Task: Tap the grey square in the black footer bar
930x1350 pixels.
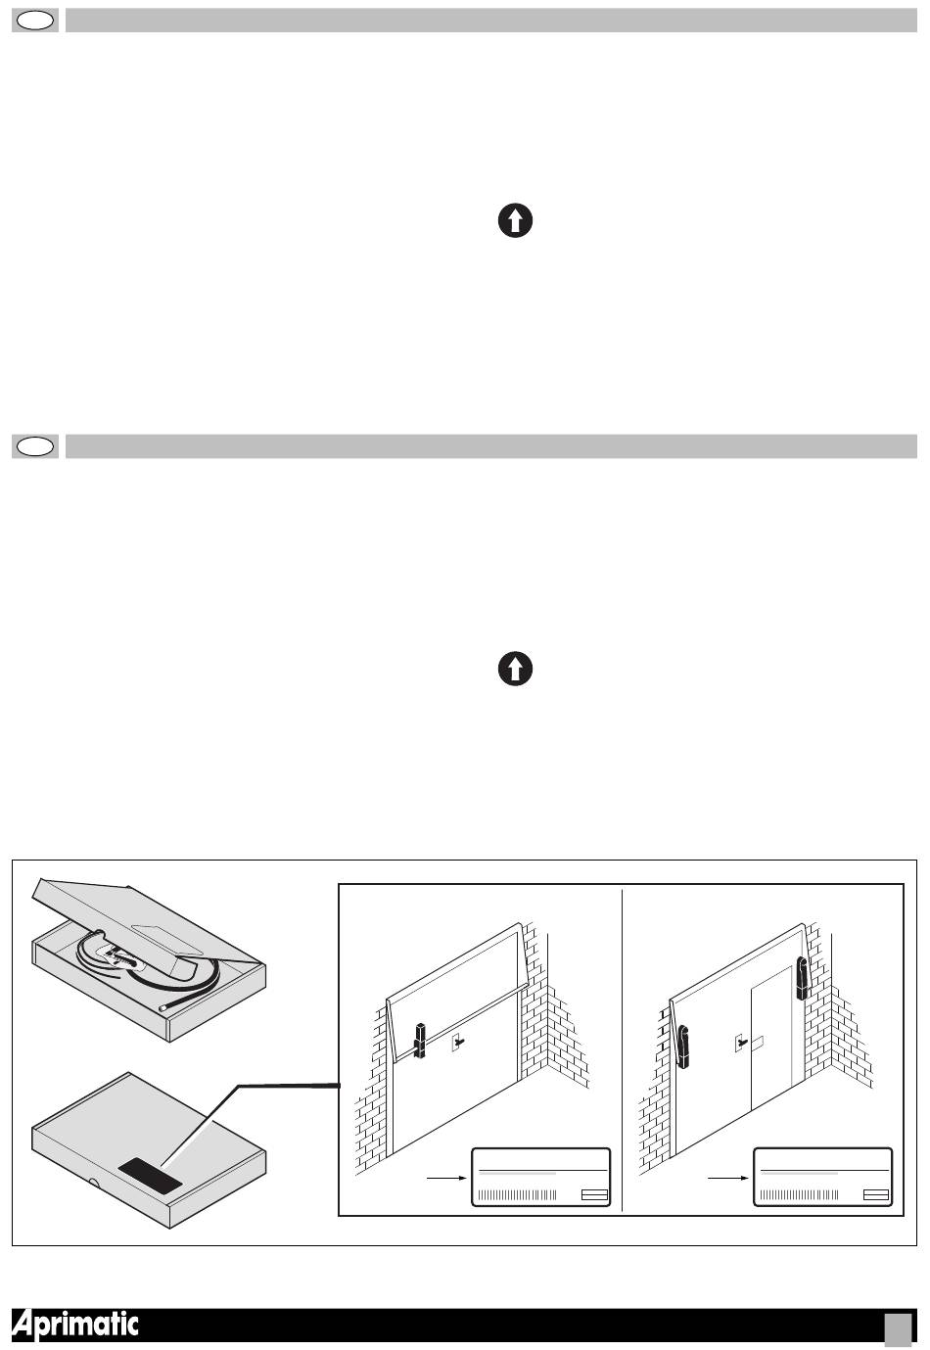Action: pos(898,1327)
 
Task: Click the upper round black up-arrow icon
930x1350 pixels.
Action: pos(515,220)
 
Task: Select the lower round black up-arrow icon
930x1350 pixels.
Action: pos(515,669)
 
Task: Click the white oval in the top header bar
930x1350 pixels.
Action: pos(35,22)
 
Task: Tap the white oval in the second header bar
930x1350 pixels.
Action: pos(35,446)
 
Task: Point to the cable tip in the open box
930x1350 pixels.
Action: pos(162,1007)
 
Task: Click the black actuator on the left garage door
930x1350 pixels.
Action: pos(419,1041)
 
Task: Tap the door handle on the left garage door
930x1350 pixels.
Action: pos(459,1042)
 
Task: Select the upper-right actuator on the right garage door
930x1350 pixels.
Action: pos(802,978)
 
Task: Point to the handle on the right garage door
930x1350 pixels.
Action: pos(742,1043)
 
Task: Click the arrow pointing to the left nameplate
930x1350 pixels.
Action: pos(446,1179)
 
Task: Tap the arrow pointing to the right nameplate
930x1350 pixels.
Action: pos(728,1179)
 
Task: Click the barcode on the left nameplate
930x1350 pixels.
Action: pos(517,1195)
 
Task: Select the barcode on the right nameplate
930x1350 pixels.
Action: pos(799,1195)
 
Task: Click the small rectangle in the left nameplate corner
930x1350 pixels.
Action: pos(594,1195)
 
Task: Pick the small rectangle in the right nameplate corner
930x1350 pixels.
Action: pos(876,1195)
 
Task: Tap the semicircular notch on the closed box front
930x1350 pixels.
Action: pos(93,1182)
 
